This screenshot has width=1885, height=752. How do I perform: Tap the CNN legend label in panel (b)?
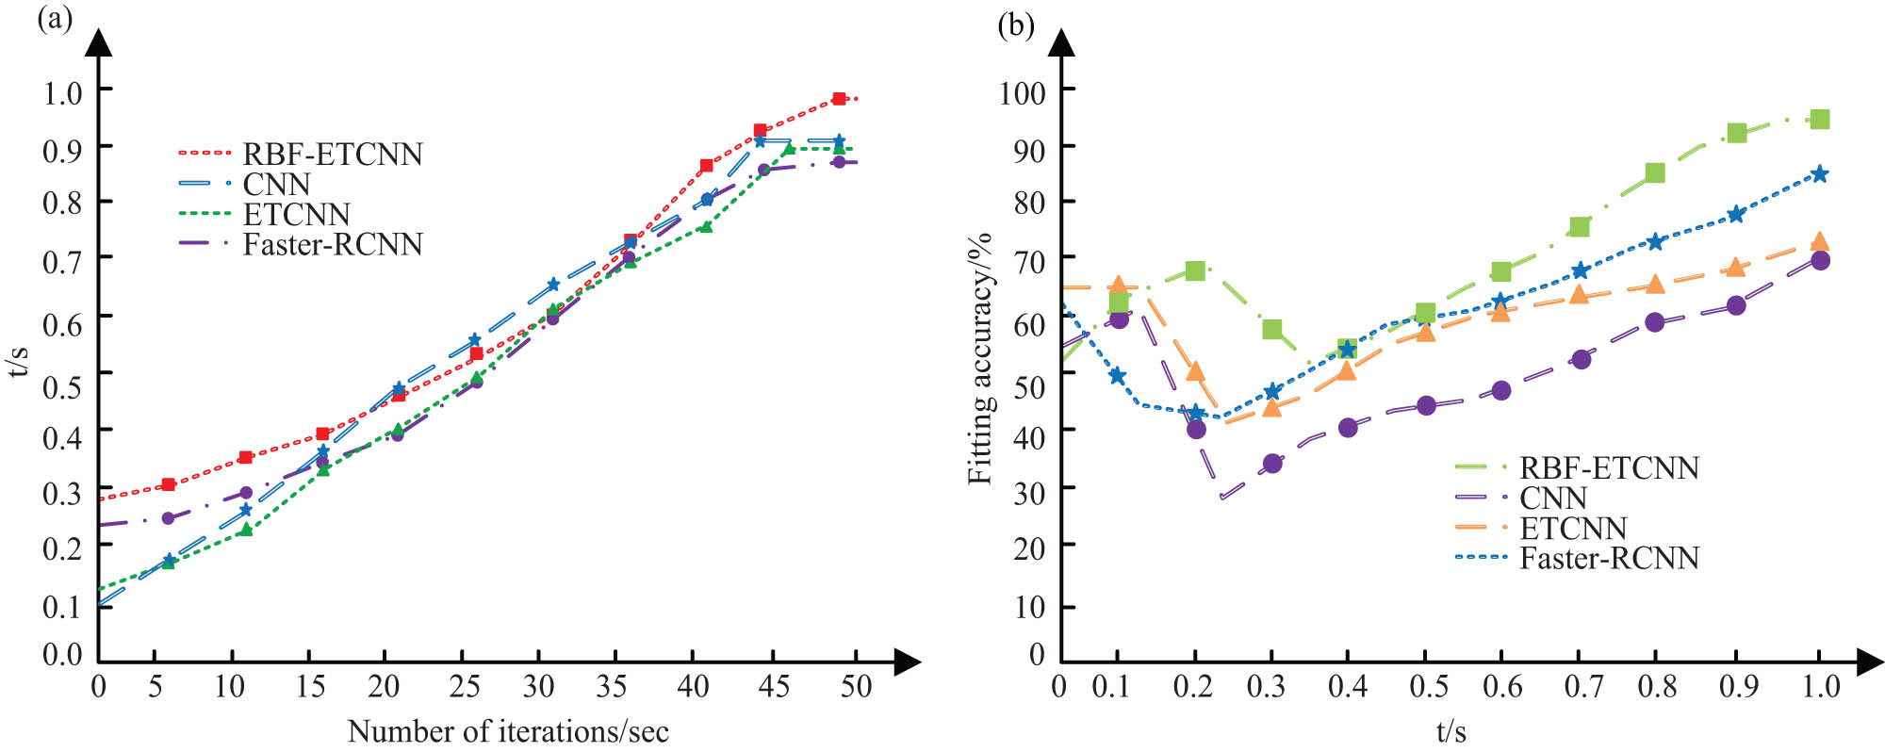[1553, 498]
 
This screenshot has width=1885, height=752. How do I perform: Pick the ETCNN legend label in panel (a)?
[296, 214]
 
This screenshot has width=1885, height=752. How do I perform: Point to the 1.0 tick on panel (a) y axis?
[63, 92]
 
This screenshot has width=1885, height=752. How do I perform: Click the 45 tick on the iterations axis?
[774, 687]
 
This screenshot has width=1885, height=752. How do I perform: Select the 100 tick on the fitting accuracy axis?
[1023, 92]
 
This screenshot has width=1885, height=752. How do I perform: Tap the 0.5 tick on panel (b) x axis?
[1428, 687]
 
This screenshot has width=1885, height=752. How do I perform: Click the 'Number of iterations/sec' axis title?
[508, 731]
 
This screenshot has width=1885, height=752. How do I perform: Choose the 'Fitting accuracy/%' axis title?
[981, 358]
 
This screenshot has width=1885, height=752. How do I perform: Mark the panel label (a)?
[54, 20]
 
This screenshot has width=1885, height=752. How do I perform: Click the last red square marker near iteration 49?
[839, 99]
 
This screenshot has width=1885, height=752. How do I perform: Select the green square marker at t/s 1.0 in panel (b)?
[1820, 119]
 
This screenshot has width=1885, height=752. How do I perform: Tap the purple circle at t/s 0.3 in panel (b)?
[1272, 463]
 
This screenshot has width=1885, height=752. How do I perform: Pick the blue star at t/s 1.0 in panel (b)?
[1820, 174]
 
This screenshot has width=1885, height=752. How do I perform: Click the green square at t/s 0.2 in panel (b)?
[1195, 270]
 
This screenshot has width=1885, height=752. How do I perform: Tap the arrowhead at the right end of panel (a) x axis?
[907, 662]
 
